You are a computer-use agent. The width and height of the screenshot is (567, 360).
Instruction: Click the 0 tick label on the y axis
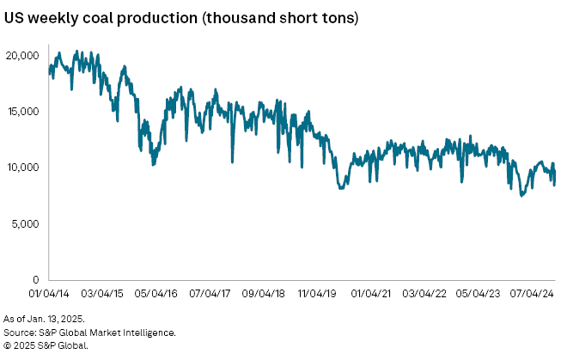coord(37,280)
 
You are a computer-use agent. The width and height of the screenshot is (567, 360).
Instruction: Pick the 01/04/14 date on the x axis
coord(49,293)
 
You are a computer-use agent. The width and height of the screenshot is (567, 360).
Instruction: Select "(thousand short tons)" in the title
coord(280,18)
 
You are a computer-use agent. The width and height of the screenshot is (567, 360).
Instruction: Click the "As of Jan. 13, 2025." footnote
coord(44,320)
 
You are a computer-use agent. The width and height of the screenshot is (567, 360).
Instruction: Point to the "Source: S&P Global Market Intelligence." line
coord(90,332)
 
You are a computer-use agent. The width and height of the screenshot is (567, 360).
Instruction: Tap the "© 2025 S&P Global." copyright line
coord(46,345)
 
